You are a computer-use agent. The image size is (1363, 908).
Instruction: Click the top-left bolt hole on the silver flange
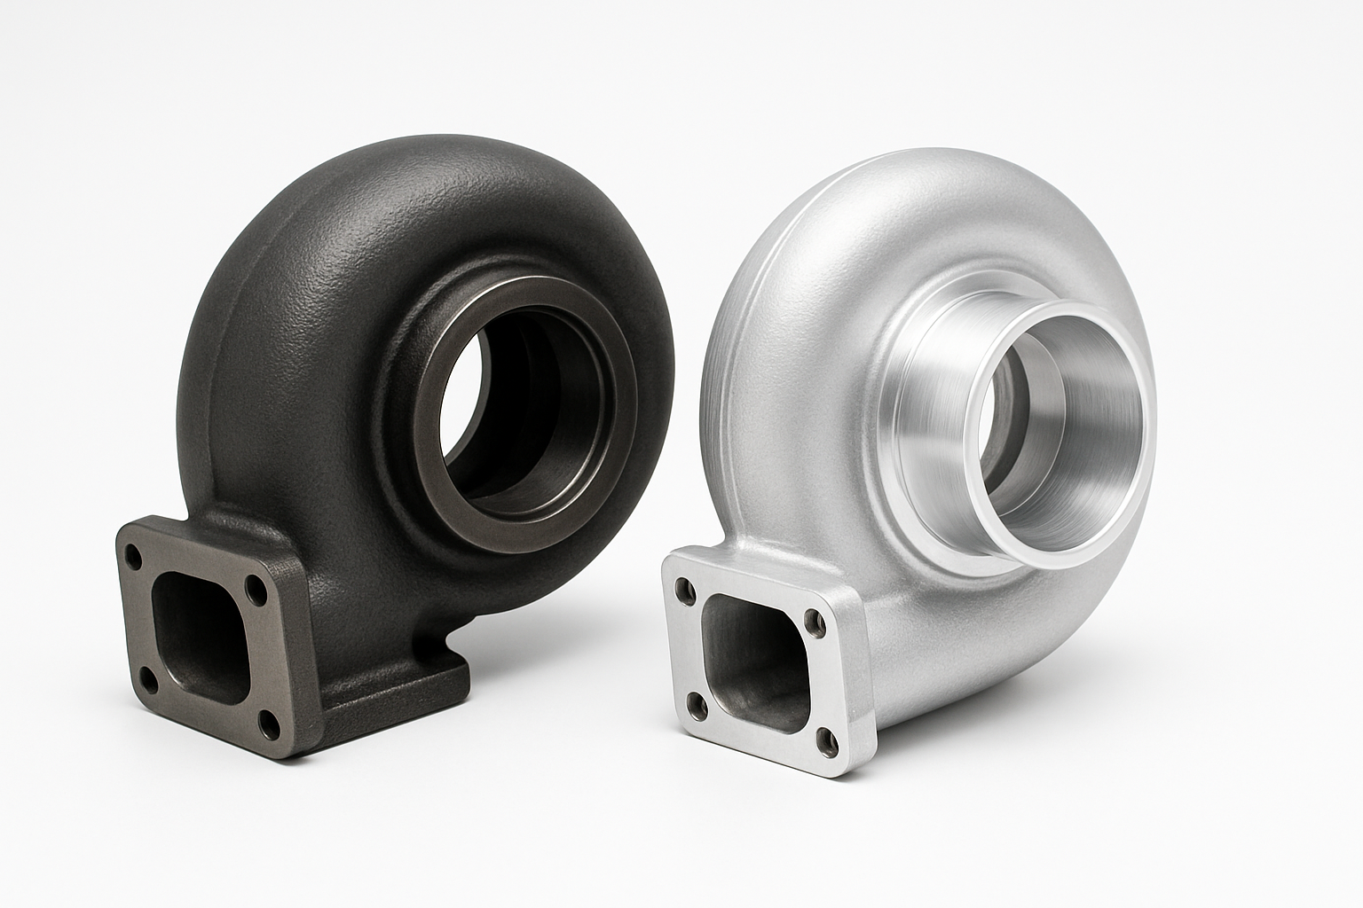pos(681,586)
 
